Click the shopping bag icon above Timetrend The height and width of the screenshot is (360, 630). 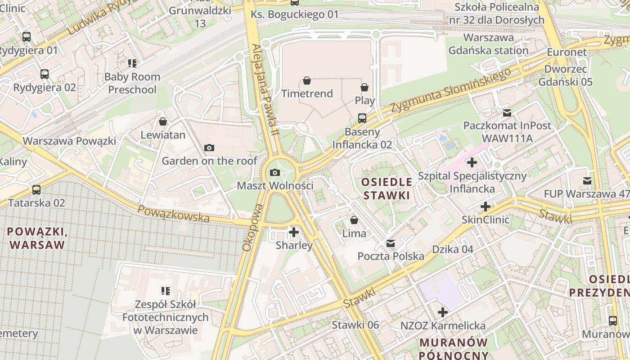pos(307,81)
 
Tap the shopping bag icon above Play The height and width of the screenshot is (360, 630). pos(364,87)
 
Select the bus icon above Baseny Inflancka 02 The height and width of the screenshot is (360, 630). pos(362,118)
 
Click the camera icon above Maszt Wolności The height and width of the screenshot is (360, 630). pos(274,172)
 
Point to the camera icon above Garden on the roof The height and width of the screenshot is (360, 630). pos(209,148)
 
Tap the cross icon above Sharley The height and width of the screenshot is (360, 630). pos(294,232)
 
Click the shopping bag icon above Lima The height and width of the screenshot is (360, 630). pos(354,220)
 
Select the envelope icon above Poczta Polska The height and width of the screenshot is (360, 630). pos(391,243)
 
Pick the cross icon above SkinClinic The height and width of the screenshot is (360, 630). pos(486,207)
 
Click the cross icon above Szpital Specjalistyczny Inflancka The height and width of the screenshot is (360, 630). pos(472,162)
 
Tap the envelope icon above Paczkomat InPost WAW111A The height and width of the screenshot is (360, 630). pos(507,112)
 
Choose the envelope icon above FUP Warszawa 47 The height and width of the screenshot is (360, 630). pos(587,181)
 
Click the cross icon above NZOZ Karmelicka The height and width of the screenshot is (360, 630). pos(443,312)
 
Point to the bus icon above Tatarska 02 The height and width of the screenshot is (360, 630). pos(36,190)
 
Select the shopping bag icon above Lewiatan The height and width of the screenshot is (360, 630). pos(163,121)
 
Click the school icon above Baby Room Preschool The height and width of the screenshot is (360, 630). pos(132,63)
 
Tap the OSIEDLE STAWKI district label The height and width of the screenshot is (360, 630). pos(387,189)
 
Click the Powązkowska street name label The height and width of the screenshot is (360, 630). pos(173,213)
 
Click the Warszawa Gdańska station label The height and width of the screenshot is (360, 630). pos(488,44)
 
